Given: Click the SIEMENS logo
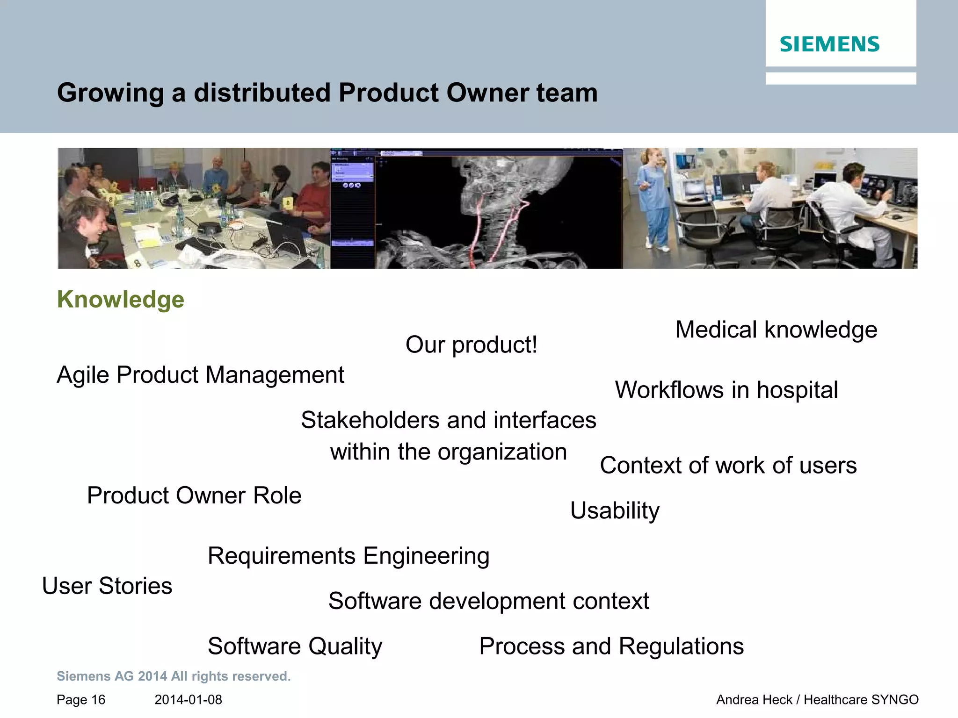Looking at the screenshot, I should pyautogui.click(x=829, y=44).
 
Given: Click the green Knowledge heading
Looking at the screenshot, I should pyautogui.click(x=121, y=300).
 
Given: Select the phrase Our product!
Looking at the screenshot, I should pyautogui.click(x=471, y=345).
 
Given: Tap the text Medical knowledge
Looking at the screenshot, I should pyautogui.click(x=776, y=330).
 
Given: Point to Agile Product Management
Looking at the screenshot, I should pyautogui.click(x=200, y=375).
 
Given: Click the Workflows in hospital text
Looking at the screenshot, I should pyautogui.click(x=726, y=390).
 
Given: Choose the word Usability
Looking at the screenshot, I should pyautogui.click(x=615, y=510).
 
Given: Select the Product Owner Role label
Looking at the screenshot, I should pyautogui.click(x=194, y=495).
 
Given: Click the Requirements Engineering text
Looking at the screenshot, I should pyautogui.click(x=348, y=556).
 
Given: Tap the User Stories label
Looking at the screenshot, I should pyautogui.click(x=107, y=586).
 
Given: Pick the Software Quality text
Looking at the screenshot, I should pyautogui.click(x=295, y=646).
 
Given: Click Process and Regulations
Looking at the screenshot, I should pyautogui.click(x=611, y=646).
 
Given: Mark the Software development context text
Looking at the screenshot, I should pyautogui.click(x=488, y=601).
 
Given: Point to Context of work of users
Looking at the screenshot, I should pyautogui.click(x=728, y=466).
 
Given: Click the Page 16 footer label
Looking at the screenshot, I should pyautogui.click(x=81, y=700).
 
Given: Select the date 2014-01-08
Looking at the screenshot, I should pyautogui.click(x=188, y=700).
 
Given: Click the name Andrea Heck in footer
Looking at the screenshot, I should pyautogui.click(x=754, y=700).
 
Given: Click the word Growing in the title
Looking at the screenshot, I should pyautogui.click(x=110, y=93).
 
